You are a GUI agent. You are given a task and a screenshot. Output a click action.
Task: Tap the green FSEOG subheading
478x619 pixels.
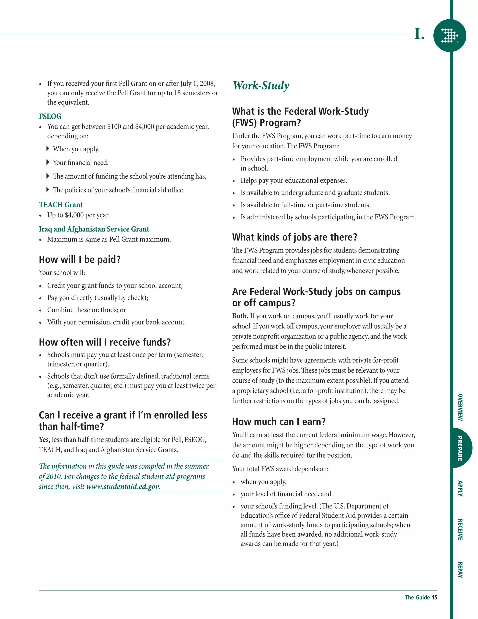point(50,116)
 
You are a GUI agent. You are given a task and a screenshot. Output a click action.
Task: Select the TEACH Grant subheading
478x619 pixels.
point(61,205)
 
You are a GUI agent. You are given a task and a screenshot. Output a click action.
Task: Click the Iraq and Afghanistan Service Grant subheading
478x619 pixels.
point(94,229)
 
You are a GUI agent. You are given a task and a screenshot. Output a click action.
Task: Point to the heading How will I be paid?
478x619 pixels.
point(80,259)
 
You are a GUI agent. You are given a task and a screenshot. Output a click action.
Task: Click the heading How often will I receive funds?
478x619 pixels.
point(105,342)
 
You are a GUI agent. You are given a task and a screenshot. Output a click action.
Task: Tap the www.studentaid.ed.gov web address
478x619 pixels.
point(123,487)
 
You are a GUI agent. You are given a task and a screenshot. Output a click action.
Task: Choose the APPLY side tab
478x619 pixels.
point(460,488)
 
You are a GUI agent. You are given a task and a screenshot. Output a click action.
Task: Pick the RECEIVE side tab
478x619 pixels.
point(460,530)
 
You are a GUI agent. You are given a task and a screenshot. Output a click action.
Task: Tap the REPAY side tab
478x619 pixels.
point(460,570)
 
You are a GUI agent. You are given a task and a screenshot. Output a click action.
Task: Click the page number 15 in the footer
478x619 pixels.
point(434,598)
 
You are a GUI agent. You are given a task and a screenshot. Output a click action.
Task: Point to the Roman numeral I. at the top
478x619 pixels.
point(419,34)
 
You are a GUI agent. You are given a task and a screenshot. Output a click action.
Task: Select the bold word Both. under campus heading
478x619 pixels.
point(240,316)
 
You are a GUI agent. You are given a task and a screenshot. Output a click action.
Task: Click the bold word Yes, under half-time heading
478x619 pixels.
point(44,440)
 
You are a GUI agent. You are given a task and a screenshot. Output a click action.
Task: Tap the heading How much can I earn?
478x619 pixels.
point(279,422)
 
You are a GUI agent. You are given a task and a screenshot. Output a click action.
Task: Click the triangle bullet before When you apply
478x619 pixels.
point(48,149)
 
